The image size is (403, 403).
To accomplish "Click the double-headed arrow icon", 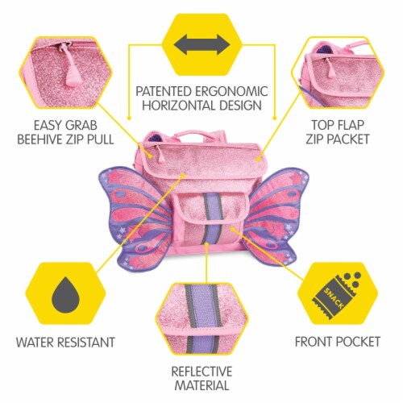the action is [x=201, y=44].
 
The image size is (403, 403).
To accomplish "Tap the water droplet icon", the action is [x=65, y=294].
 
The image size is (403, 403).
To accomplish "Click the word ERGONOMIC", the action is [x=231, y=91].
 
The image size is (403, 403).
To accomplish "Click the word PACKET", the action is [x=351, y=139].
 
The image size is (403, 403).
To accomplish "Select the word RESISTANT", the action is [x=86, y=343].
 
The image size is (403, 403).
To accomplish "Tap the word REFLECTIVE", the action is [x=201, y=372].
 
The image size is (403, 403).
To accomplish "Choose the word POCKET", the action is [x=359, y=342].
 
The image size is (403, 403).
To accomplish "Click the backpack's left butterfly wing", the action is [x=135, y=217].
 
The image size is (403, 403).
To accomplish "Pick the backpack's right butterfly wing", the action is [x=276, y=215].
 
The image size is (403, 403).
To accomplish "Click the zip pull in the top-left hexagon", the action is [x=70, y=67].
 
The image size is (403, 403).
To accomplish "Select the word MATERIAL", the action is [x=201, y=385].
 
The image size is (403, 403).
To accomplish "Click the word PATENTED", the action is [x=164, y=91].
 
